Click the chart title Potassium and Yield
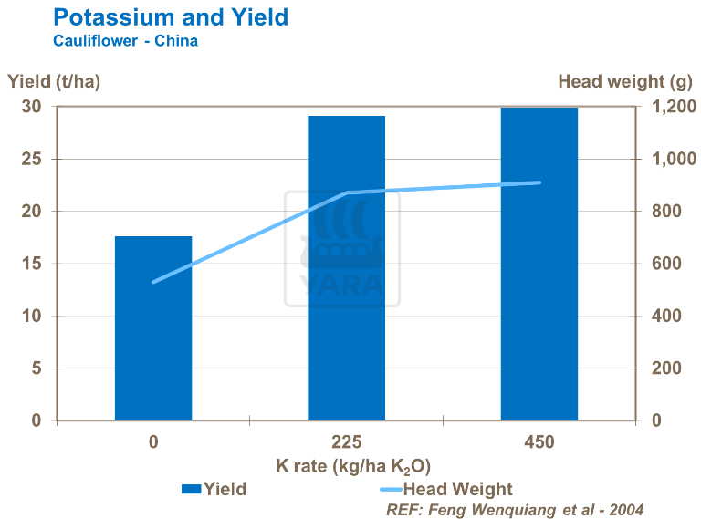pos(171,17)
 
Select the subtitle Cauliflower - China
pos(125,41)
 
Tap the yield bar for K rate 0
pos(153,328)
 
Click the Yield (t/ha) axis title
pos(54,81)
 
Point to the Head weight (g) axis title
pos(625,81)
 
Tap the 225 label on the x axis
pos(346,442)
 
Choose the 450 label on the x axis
pos(539,442)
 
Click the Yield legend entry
pos(214,489)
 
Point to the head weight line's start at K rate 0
pos(153,282)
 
